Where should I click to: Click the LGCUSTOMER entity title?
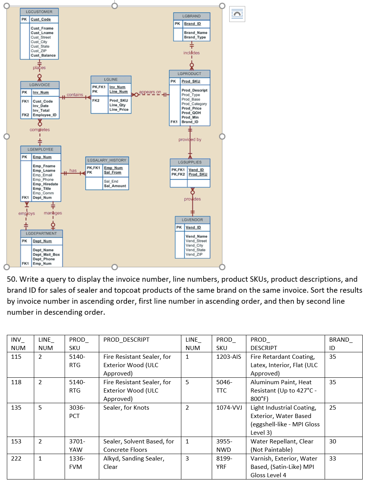point(39,12)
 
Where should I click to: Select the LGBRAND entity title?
point(191,16)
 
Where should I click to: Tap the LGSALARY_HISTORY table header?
point(107,160)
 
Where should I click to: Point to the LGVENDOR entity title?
point(192,220)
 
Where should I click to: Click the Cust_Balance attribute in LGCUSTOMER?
point(43,55)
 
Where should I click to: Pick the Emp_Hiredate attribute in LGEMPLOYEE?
point(45,184)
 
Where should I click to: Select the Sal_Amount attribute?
point(115,186)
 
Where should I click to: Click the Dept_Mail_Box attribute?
point(46,255)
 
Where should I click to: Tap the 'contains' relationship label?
point(75,95)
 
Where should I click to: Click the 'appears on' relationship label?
point(150,92)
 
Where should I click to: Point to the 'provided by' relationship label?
point(190,140)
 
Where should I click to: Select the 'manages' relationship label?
point(52,213)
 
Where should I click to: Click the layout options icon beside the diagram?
point(237,14)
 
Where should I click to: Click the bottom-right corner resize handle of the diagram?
point(222,267)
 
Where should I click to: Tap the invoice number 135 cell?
point(16,408)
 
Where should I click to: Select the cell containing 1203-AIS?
point(228,357)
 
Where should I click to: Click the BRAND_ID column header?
point(340,344)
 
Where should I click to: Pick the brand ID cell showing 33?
point(333,459)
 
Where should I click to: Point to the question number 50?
point(12,279)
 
